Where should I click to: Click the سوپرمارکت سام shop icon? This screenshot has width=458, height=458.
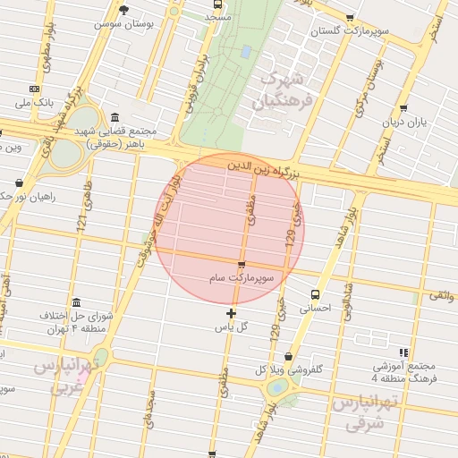click(242, 264)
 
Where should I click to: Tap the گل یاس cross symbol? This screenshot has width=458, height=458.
click(232, 313)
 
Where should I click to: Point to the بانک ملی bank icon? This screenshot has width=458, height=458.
click(34, 89)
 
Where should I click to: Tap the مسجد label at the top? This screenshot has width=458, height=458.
click(216, 16)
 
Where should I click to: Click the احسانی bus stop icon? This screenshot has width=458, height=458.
click(314, 293)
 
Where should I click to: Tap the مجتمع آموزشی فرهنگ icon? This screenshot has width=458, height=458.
click(404, 352)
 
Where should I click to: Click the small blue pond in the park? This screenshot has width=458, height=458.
click(244, 52)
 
